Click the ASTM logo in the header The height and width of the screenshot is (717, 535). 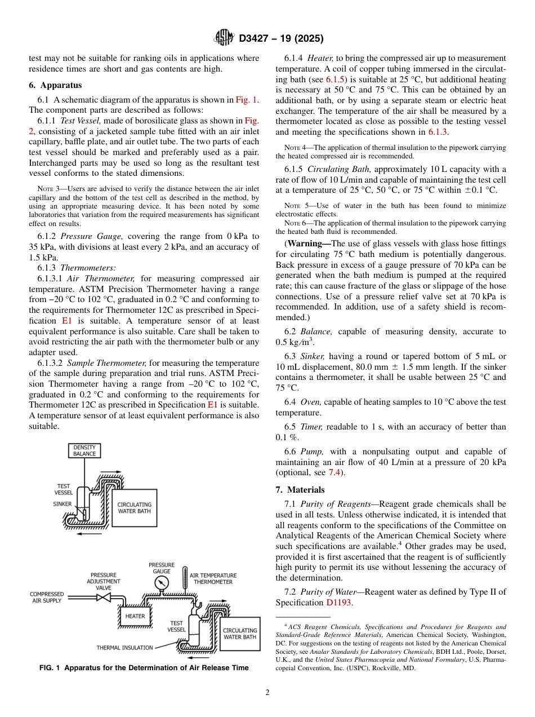[x=224, y=38]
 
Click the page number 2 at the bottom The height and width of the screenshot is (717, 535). [x=267, y=692]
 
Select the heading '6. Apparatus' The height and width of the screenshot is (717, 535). [x=55, y=85]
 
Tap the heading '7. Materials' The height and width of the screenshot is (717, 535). [x=300, y=490]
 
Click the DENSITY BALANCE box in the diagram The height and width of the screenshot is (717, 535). [x=84, y=450]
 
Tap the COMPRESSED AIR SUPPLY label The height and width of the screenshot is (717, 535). [x=47, y=597]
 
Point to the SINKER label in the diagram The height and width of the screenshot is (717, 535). [x=63, y=504]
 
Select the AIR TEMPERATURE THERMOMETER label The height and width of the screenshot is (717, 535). [x=213, y=578]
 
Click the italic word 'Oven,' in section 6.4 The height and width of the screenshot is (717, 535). [x=311, y=402]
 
